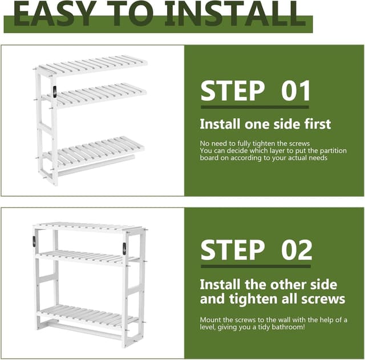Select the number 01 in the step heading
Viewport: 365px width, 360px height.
(x=296, y=91)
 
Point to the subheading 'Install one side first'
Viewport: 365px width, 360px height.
(x=265, y=124)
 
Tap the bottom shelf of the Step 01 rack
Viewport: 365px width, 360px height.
(x=95, y=149)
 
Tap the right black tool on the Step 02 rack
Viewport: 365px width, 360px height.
(x=124, y=249)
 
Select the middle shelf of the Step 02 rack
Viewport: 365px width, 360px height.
(x=86, y=256)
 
